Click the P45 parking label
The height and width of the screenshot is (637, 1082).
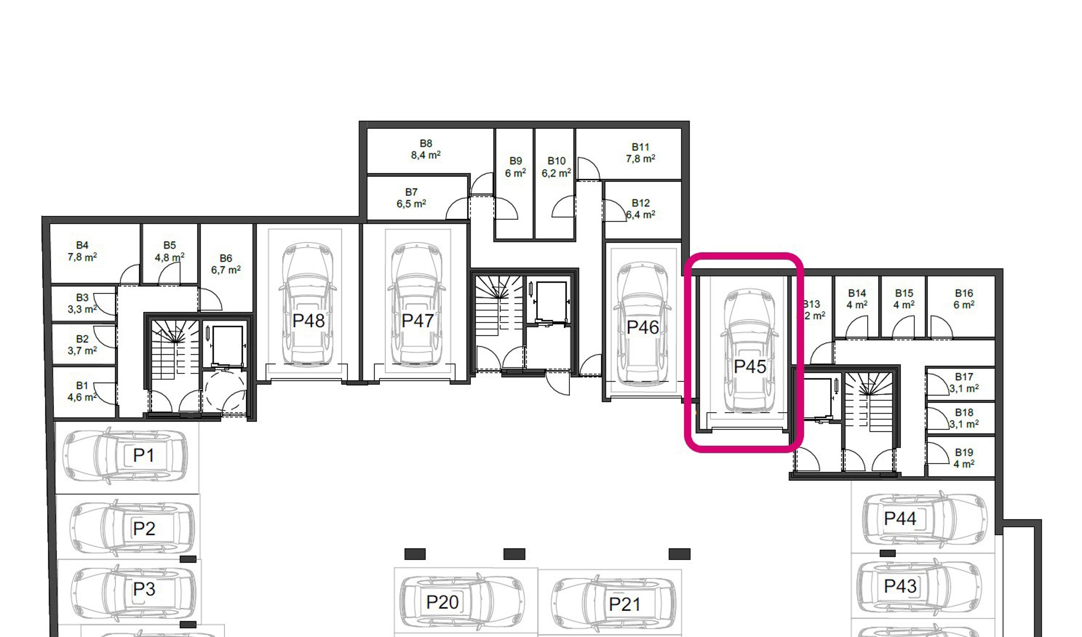click(x=750, y=366)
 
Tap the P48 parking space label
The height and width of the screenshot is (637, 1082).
click(x=309, y=321)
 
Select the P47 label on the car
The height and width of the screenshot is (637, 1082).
click(x=417, y=321)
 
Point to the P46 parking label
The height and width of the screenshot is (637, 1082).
click(x=642, y=327)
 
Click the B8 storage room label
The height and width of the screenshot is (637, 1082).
click(x=425, y=144)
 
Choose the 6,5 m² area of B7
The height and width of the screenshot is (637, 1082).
click(x=411, y=204)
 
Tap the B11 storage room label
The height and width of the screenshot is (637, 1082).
click(x=640, y=147)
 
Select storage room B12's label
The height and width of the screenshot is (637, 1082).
click(x=640, y=203)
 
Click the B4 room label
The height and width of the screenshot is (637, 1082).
click(x=82, y=246)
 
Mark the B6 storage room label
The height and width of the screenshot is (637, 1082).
click(x=226, y=258)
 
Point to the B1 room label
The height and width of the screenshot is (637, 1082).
click(x=82, y=386)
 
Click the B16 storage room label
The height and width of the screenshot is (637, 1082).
click(x=964, y=293)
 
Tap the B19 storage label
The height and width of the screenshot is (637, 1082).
click(x=964, y=453)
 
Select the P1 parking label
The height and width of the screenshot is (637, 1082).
click(x=143, y=455)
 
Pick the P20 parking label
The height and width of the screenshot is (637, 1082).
click(x=442, y=602)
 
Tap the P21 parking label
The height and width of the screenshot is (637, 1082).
click(x=624, y=604)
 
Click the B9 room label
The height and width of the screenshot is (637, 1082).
click(x=515, y=161)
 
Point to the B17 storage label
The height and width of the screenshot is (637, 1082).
click(x=964, y=377)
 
